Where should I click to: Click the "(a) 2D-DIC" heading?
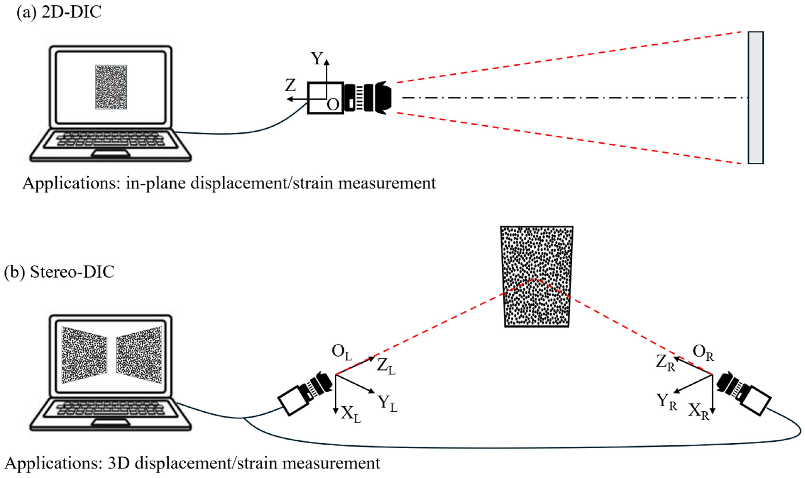point(59,12)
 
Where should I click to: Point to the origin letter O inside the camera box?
point(333,105)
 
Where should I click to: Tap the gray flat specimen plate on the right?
point(755,98)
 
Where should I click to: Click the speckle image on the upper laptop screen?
point(111,87)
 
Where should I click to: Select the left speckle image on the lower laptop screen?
point(84,355)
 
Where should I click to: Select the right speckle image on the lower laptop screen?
point(139,355)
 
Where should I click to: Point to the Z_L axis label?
point(386,366)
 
